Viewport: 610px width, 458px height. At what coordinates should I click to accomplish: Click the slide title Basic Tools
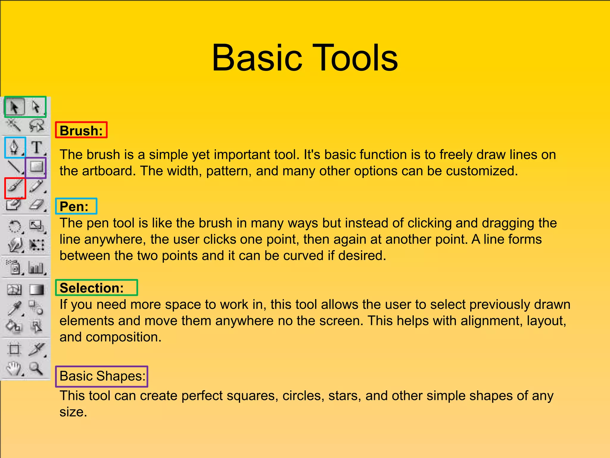(304, 58)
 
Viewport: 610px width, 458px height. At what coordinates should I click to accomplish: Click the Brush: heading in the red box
(81, 131)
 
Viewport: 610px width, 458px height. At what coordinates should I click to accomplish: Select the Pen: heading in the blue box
(74, 206)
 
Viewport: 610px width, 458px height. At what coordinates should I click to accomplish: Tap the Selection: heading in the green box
(91, 288)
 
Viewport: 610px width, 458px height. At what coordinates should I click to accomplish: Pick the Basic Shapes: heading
(102, 376)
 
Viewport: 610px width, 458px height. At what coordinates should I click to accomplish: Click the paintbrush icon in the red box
(15, 187)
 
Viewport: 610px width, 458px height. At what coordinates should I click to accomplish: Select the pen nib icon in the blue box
(15, 147)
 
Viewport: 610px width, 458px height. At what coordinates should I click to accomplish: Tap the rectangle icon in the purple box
(36, 167)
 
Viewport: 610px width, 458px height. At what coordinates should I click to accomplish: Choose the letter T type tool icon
(37, 147)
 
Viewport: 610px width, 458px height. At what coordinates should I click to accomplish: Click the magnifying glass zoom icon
(36, 369)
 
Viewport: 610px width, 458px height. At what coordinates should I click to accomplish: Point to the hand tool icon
(14, 369)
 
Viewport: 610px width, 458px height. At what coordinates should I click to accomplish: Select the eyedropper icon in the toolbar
(15, 308)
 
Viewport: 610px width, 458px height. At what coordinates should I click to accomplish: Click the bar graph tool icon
(36, 267)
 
